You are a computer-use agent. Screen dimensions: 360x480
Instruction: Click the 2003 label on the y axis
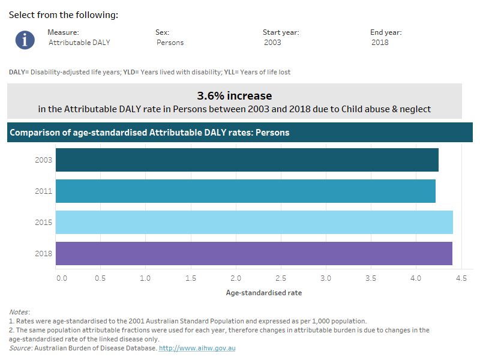tap(44, 160)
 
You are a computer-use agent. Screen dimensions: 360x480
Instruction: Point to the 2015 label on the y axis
tap(44, 223)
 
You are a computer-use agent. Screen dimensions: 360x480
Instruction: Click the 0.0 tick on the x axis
tap(61, 279)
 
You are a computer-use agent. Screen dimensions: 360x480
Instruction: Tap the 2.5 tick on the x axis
tap(281, 279)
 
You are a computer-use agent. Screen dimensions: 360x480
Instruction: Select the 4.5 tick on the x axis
tap(461, 279)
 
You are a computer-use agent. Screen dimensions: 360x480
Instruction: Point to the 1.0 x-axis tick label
tap(145, 279)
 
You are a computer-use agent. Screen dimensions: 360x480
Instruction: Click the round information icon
tap(25, 39)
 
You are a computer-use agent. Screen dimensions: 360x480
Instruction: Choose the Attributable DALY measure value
tap(80, 43)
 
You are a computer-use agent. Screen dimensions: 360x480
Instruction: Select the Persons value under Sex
tap(170, 43)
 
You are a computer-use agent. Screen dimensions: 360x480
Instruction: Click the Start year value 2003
tap(272, 43)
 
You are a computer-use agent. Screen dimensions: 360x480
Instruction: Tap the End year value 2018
tap(380, 43)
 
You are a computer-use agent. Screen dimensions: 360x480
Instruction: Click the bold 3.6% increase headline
tap(235, 95)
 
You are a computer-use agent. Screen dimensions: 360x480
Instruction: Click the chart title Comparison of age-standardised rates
tap(150, 133)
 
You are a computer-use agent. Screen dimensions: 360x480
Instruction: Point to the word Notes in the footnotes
tap(19, 312)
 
